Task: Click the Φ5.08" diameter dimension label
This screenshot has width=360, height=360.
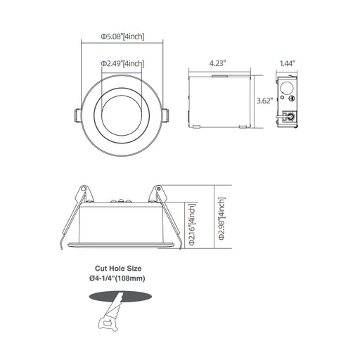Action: (122, 37)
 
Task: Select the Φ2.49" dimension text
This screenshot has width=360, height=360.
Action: (122, 63)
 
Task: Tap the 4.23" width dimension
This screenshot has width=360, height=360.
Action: (217, 63)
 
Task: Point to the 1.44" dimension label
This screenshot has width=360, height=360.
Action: (287, 63)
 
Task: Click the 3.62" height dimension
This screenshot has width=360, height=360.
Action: (265, 101)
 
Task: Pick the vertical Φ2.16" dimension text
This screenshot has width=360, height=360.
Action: (192, 224)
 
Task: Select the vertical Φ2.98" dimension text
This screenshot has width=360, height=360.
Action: (221, 219)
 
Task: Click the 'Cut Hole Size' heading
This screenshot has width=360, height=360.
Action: (118, 268)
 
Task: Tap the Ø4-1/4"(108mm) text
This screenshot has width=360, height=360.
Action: (117, 278)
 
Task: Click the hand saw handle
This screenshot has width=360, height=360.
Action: (108, 323)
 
